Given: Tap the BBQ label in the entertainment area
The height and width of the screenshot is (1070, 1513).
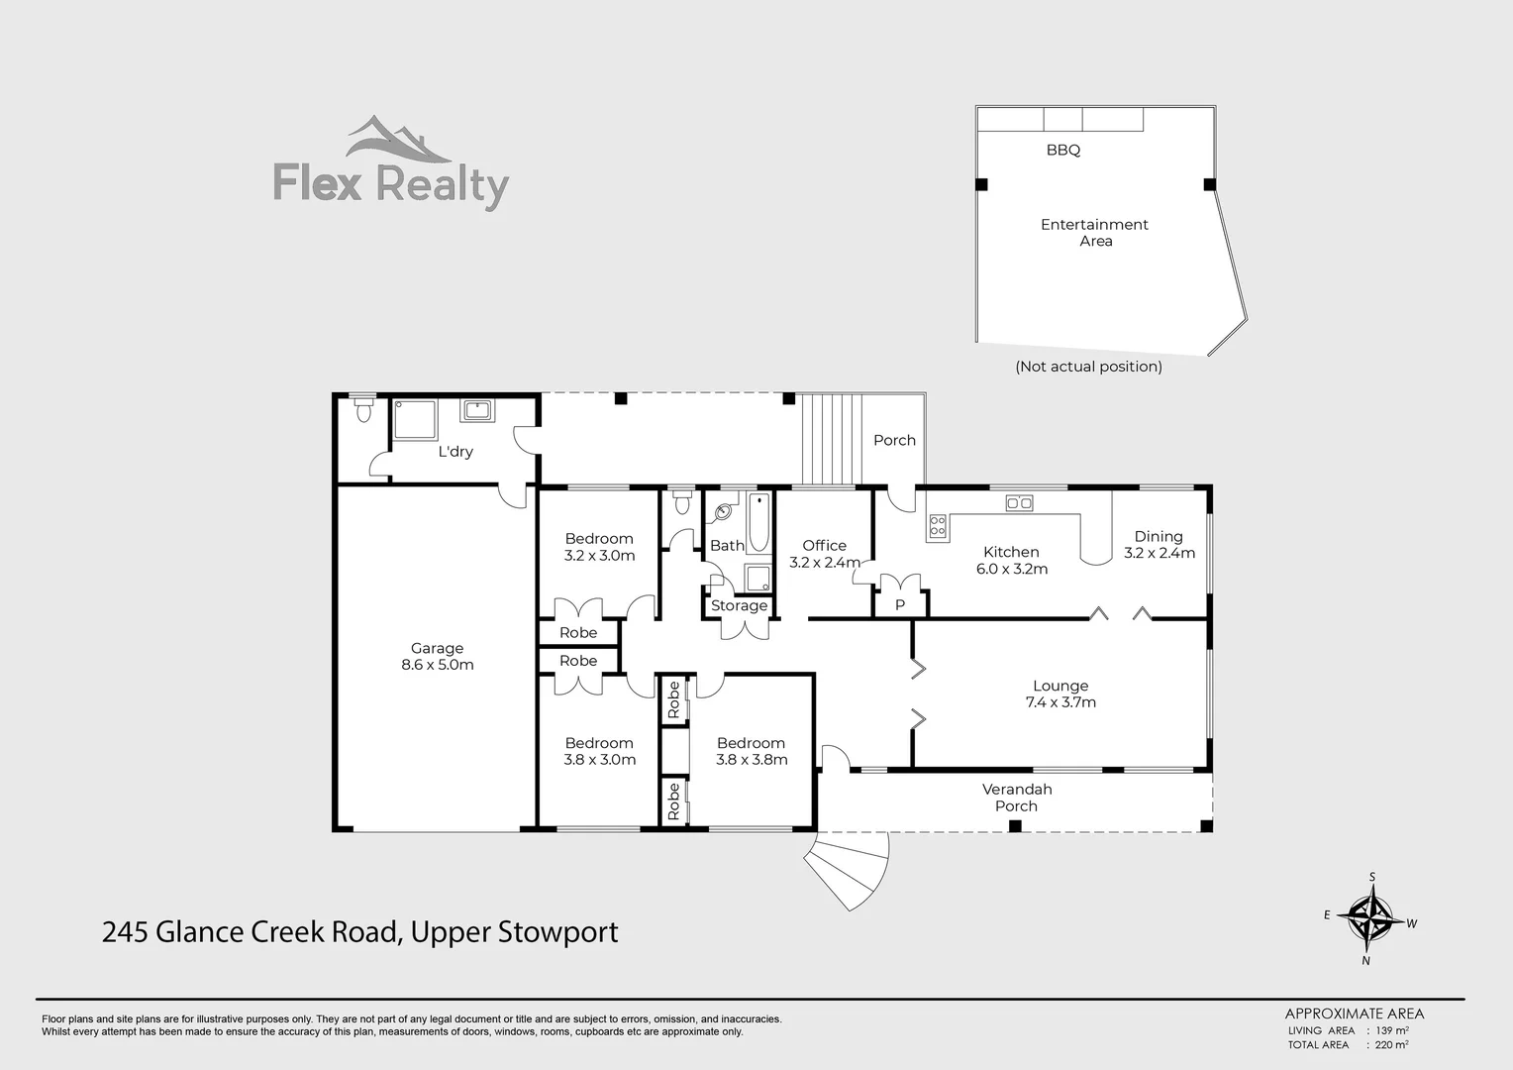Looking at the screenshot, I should click(1062, 151).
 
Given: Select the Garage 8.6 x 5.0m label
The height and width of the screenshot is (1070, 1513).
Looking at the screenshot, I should click(437, 657).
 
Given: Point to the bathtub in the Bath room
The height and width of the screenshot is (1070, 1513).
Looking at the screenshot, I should click(758, 522).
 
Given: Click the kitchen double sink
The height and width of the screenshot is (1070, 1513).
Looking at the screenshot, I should click(1019, 503).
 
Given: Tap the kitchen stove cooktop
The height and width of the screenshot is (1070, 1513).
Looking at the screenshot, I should click(937, 527).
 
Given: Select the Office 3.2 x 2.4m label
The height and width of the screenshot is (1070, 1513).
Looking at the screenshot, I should click(824, 554).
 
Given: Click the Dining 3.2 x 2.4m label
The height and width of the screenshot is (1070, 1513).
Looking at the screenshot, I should click(1159, 545).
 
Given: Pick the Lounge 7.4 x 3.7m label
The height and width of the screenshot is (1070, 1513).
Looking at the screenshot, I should click(1060, 694).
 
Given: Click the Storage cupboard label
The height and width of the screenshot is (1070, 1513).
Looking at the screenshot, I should click(739, 606).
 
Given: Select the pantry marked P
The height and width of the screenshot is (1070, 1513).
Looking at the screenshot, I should click(900, 604).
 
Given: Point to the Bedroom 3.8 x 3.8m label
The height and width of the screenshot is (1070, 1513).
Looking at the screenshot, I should click(751, 751).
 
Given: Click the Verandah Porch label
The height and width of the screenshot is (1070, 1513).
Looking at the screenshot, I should click(1016, 798).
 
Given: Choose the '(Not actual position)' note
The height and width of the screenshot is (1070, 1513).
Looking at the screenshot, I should click(1088, 367).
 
